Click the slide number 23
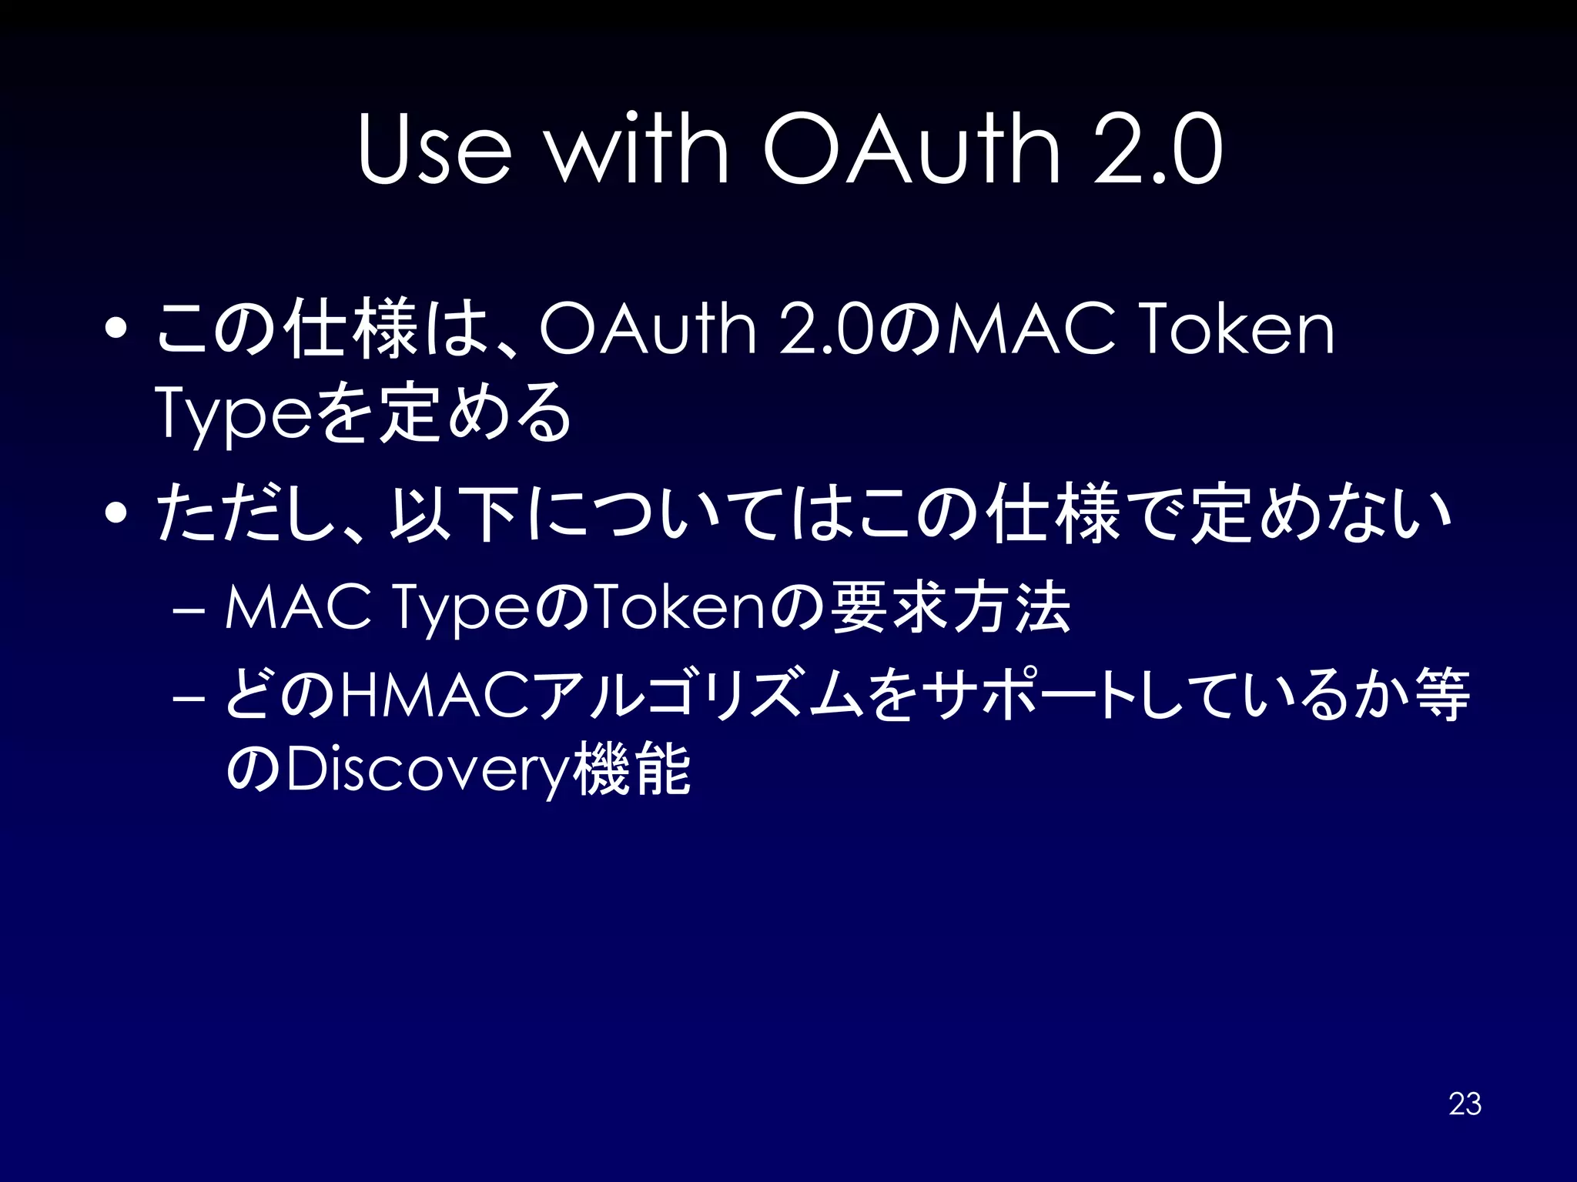point(1465,1104)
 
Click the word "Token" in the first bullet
point(1237,329)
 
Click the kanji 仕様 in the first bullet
point(350,329)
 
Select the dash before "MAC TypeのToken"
point(189,609)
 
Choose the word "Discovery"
point(427,770)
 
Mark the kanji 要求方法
point(952,608)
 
